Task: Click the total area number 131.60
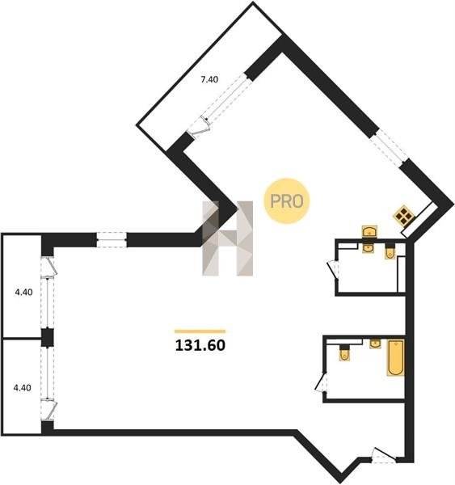(200, 345)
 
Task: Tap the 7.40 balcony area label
(209, 79)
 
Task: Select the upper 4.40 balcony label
(23, 292)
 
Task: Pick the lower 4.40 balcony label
(23, 387)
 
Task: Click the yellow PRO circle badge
(286, 201)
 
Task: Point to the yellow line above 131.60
(200, 331)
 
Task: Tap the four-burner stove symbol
(403, 214)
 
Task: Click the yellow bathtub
(396, 357)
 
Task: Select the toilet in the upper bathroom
(390, 251)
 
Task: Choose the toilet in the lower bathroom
(344, 353)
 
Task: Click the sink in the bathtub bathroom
(375, 344)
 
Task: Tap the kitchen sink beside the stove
(369, 231)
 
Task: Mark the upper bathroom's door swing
(333, 268)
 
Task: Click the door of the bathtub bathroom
(321, 382)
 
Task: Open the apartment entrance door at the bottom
(384, 455)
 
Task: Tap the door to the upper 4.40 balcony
(48, 267)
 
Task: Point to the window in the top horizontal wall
(112, 240)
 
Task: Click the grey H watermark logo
(228, 238)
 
